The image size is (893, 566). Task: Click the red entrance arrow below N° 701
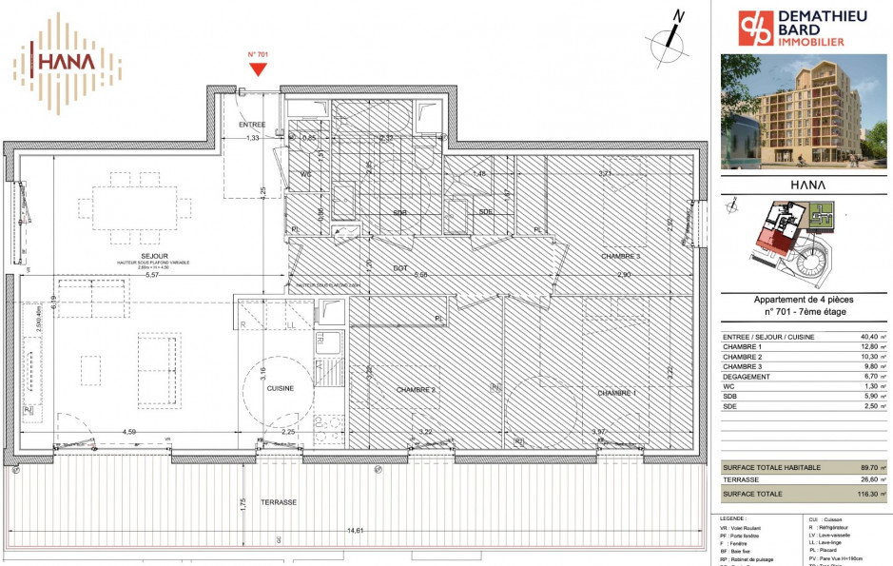tap(257, 69)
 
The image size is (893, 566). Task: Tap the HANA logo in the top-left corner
tap(67, 59)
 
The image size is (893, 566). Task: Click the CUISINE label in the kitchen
tap(280, 388)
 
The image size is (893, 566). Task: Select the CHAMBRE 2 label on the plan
tap(416, 390)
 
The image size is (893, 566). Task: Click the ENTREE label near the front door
tap(252, 125)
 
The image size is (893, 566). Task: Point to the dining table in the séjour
tap(133, 206)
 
